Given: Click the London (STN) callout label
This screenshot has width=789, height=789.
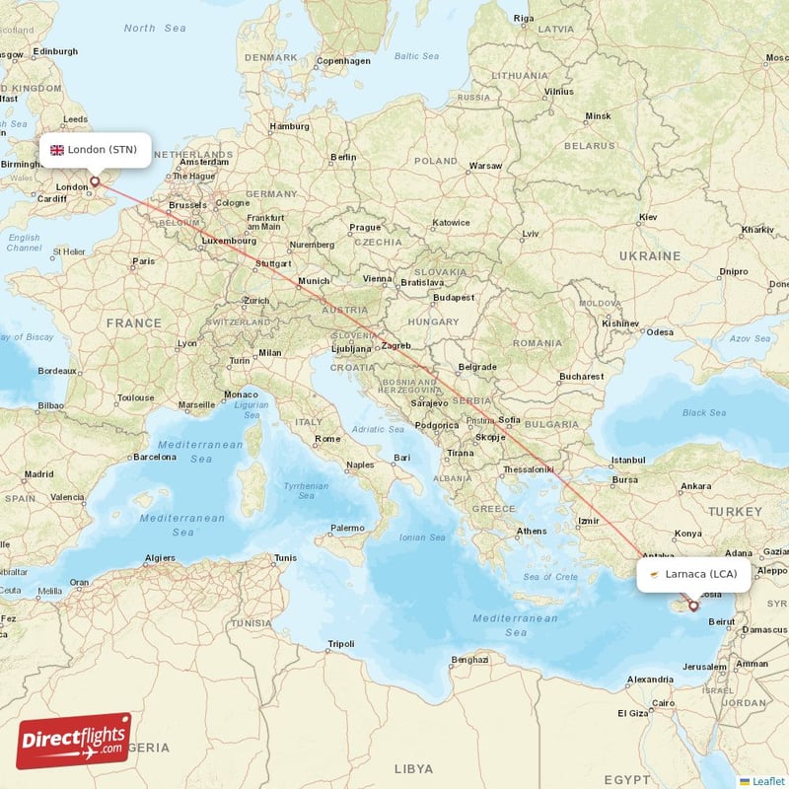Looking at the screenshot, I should coord(96,150).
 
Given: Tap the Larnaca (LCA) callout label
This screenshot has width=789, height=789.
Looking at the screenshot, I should coord(693,573).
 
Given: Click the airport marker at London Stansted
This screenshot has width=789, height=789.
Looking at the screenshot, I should coord(95,181).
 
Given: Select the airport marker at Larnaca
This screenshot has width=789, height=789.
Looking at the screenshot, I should coord(693,606).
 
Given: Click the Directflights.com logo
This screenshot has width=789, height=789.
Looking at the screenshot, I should coord(74,741).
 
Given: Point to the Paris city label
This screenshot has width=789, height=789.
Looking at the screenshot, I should coord(144,261).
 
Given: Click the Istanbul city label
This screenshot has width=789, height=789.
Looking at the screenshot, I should coord(628,461).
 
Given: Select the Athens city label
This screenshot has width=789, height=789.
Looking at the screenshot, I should coord(531,531).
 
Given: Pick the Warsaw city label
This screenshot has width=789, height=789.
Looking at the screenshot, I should coord(485,166).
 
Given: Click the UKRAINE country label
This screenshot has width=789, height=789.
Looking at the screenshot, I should coord(649,255).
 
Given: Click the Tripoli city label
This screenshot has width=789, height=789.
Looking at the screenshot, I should coord(340,644).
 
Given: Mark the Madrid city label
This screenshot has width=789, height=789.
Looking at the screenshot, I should coord(38,474).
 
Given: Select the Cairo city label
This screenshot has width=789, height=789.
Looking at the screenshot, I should coord(661,703).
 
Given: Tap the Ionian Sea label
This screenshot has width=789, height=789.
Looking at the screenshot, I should coord(423,538).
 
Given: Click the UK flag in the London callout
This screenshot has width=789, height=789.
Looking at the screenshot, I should coord(57,150).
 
